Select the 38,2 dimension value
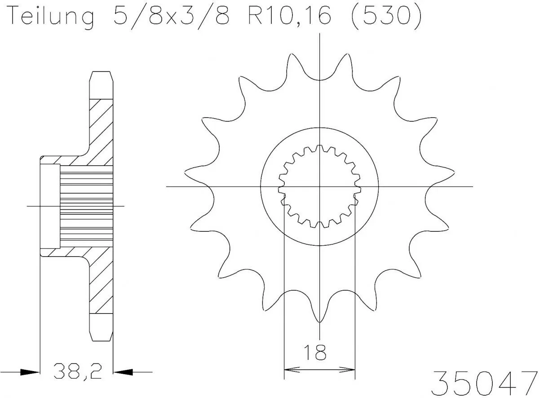tap(76, 371)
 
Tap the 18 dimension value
tap(319, 353)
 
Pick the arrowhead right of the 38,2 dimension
tap(122, 372)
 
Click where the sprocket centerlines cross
tap(319, 186)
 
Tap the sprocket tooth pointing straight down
tap(319, 317)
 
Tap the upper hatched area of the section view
tap(101, 130)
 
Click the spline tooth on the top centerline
tap(319, 148)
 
